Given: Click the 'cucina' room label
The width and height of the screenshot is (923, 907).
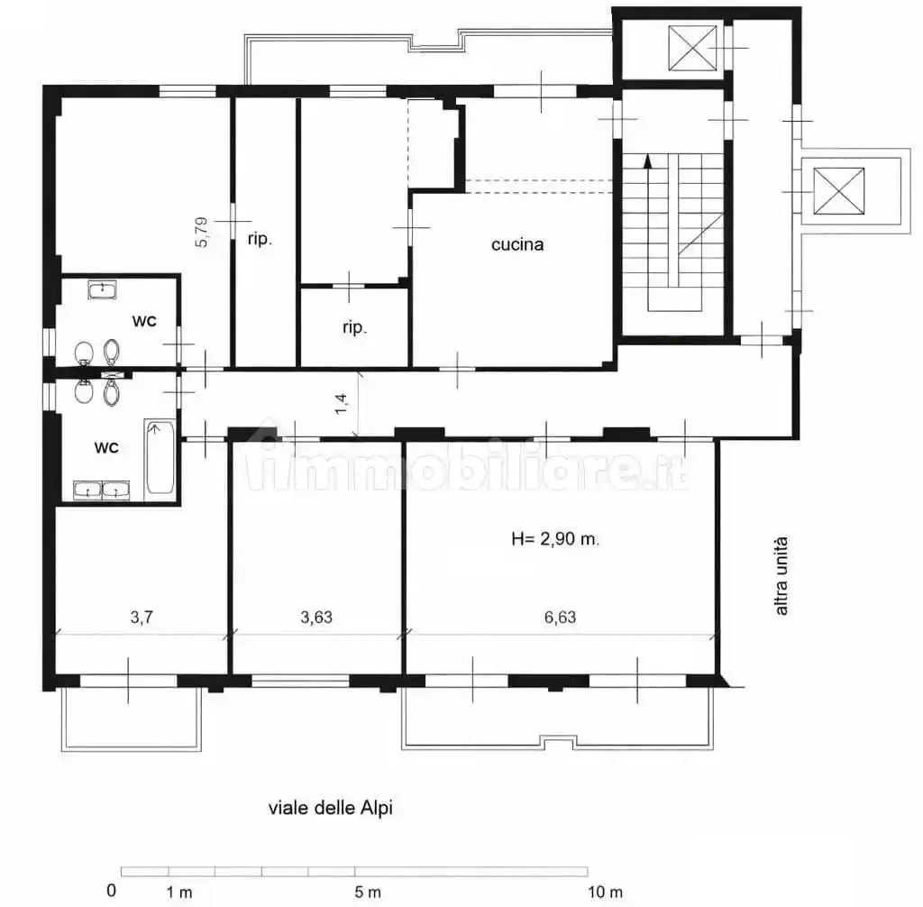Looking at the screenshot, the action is (517, 244).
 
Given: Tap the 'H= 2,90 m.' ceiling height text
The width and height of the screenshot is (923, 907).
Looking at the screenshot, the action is (555, 539).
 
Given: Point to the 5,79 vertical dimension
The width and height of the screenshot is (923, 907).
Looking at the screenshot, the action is (201, 232).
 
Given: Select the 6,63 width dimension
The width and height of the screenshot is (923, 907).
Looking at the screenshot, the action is (560, 618).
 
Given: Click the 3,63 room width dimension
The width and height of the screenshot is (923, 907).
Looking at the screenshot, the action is (316, 618).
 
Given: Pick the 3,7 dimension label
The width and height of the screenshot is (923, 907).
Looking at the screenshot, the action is (142, 618).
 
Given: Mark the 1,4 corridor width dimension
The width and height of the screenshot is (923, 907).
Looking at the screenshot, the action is (341, 404).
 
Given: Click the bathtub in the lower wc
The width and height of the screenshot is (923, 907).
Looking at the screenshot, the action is (160, 457).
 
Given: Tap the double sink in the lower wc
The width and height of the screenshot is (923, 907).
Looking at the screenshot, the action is (101, 490).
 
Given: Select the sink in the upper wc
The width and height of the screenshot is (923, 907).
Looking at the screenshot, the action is (103, 289).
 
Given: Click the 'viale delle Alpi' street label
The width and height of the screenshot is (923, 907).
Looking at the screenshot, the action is (330, 808).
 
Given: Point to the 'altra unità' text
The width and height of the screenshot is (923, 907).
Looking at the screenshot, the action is (781, 576).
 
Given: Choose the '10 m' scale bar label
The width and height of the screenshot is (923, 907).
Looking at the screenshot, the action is (605, 892).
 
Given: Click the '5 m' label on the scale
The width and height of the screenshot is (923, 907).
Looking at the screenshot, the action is (368, 892).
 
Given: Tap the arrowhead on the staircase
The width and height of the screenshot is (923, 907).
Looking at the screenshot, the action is (648, 160).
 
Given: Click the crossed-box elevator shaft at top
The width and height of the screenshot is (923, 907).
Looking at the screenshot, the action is (693, 49).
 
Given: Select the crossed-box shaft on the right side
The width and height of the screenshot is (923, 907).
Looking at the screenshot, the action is (839, 191).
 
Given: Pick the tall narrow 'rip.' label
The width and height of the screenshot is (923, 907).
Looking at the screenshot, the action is (260, 239).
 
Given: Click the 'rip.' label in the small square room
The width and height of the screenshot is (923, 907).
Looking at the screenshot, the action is (354, 327).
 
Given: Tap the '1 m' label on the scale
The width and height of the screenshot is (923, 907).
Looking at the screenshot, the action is (179, 892).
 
